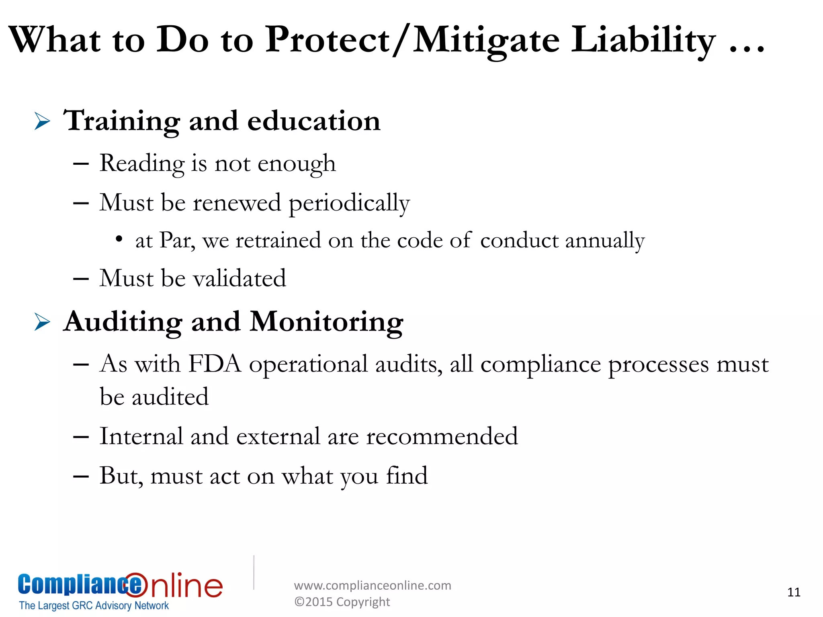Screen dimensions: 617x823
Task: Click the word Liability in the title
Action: [643, 40]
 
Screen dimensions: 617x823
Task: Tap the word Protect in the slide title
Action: [328, 40]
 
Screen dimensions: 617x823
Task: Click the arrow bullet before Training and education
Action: [42, 121]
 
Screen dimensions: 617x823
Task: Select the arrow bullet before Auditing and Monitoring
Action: [42, 322]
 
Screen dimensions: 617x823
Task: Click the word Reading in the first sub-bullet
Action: [142, 163]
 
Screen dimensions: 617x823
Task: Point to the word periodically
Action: [349, 203]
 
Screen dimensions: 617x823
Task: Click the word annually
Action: [605, 241]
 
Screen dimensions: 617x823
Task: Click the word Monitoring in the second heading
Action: [326, 322]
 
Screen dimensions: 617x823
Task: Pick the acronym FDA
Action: [215, 364]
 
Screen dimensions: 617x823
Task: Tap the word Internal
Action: [141, 436]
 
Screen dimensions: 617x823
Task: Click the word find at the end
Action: [407, 476]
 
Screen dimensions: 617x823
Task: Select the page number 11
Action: [794, 592]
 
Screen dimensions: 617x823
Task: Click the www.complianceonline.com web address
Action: [373, 585]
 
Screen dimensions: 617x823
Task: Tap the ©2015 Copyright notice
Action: [342, 602]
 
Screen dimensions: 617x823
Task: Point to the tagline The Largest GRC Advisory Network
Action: [94, 605]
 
